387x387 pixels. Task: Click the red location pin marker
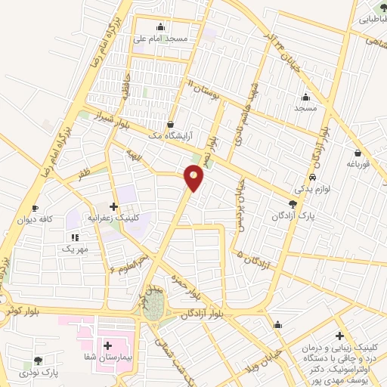pos(194,179)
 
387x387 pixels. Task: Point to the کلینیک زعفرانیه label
pos(117,216)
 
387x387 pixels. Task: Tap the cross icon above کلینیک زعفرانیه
pos(113,206)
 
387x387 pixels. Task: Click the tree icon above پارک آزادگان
pos(293,204)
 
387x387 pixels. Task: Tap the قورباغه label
pos(358,162)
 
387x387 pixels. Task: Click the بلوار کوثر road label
pos(20,310)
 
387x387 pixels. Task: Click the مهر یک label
pos(76,248)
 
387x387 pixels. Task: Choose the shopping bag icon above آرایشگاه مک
pos(169,123)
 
